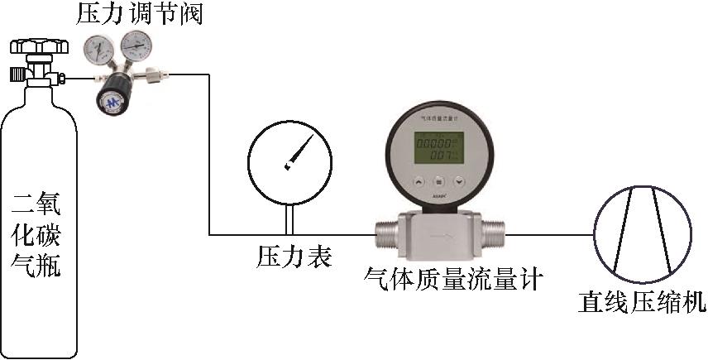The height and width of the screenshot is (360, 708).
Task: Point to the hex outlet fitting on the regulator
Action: [x=154, y=79]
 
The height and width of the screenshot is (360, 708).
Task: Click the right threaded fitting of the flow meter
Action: [x=493, y=234]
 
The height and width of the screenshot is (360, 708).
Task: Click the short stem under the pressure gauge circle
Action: [x=289, y=218]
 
